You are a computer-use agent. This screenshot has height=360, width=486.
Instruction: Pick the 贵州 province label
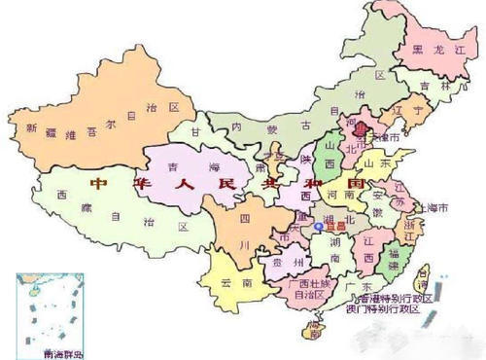(283, 262)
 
